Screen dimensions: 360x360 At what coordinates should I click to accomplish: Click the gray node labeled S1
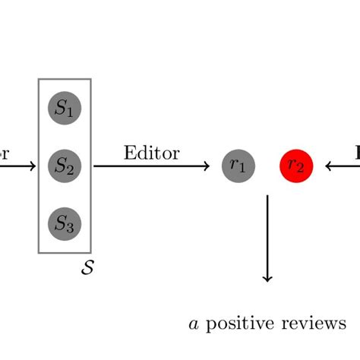coord(65,109)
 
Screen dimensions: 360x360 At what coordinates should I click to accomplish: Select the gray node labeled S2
coord(65,166)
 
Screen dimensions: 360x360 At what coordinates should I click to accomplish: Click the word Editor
coord(151,153)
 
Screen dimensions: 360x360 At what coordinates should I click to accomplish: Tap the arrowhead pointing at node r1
coord(206,166)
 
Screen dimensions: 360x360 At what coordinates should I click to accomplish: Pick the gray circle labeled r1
coord(238,166)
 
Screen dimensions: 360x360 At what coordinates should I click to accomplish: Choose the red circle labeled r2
coord(296,166)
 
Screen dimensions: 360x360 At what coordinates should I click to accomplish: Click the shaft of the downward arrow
coord(267,235)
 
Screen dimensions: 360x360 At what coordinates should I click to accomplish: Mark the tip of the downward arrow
coord(267,280)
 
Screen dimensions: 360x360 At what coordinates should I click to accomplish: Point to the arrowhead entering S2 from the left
coord(32,166)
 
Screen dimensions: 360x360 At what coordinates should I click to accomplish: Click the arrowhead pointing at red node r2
coord(330,166)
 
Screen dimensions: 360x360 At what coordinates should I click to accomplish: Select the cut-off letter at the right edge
coord(356,153)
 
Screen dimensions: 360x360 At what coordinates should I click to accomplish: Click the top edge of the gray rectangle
coord(65,79)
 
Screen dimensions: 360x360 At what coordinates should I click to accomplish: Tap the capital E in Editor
coord(128,153)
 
